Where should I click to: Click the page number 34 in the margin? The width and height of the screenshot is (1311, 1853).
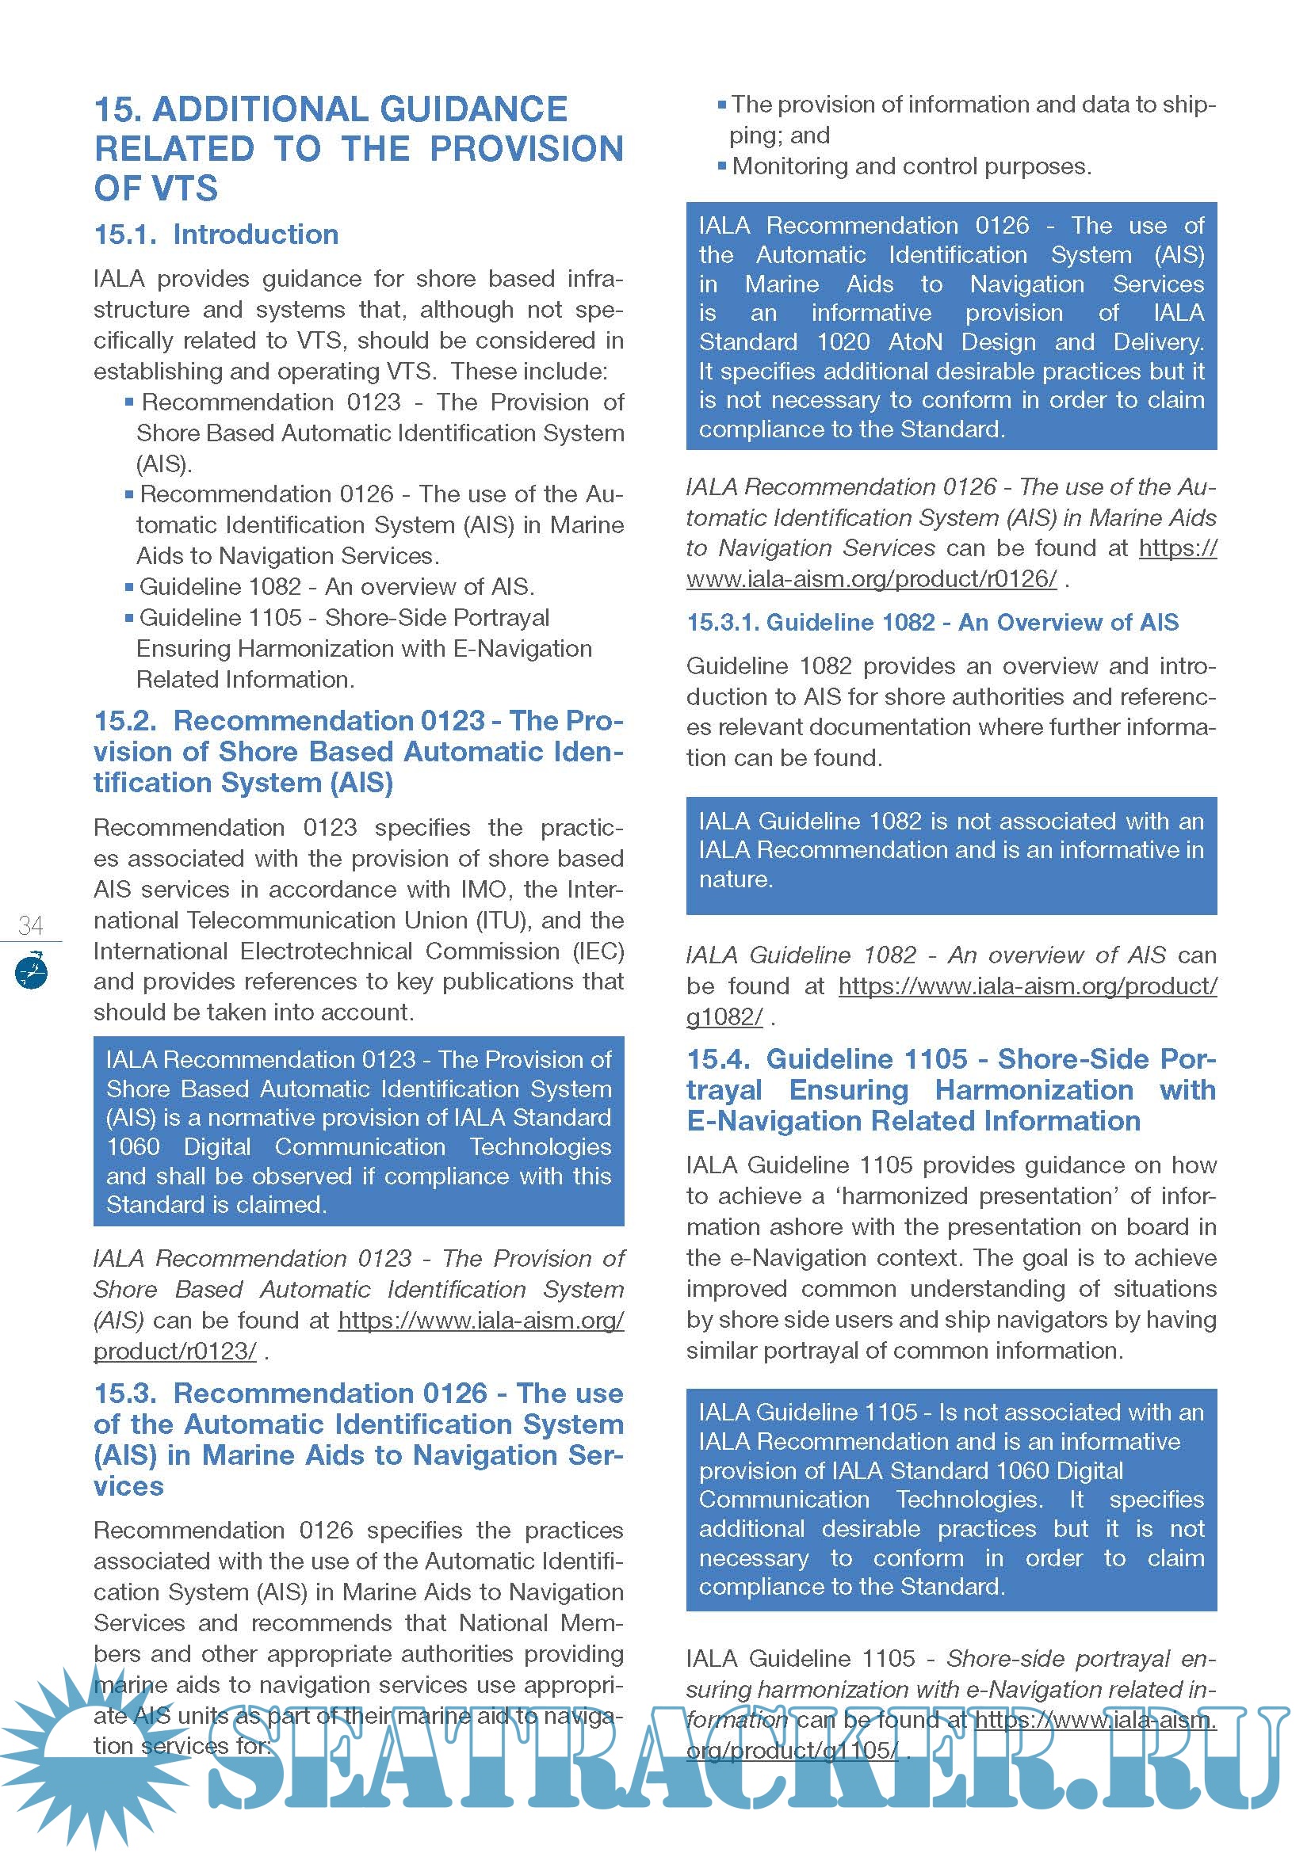coord(31,925)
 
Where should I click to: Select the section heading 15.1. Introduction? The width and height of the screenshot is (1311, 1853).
coord(216,234)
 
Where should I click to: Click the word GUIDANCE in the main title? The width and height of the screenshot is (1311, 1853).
coord(473,109)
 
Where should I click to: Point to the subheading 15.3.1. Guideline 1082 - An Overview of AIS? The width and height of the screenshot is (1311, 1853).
coord(931,622)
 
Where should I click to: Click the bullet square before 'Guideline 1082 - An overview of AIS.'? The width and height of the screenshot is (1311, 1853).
coord(129,587)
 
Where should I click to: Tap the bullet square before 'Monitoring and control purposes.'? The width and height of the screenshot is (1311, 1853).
coord(722,167)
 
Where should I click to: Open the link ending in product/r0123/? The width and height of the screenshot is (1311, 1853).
coord(174,1351)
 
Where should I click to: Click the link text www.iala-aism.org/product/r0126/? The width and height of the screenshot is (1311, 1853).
coord(871,578)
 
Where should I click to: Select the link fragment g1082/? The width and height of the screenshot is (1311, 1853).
coord(724,1017)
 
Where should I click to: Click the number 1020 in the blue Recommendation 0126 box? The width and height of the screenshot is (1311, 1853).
coord(843,342)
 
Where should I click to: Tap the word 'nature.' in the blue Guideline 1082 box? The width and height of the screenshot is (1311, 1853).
coord(736,879)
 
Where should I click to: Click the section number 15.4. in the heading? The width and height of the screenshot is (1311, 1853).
coord(718,1059)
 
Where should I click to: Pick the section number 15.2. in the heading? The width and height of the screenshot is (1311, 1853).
coord(126,721)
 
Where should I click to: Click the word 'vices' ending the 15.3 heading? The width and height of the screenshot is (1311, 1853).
coord(128,1486)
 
